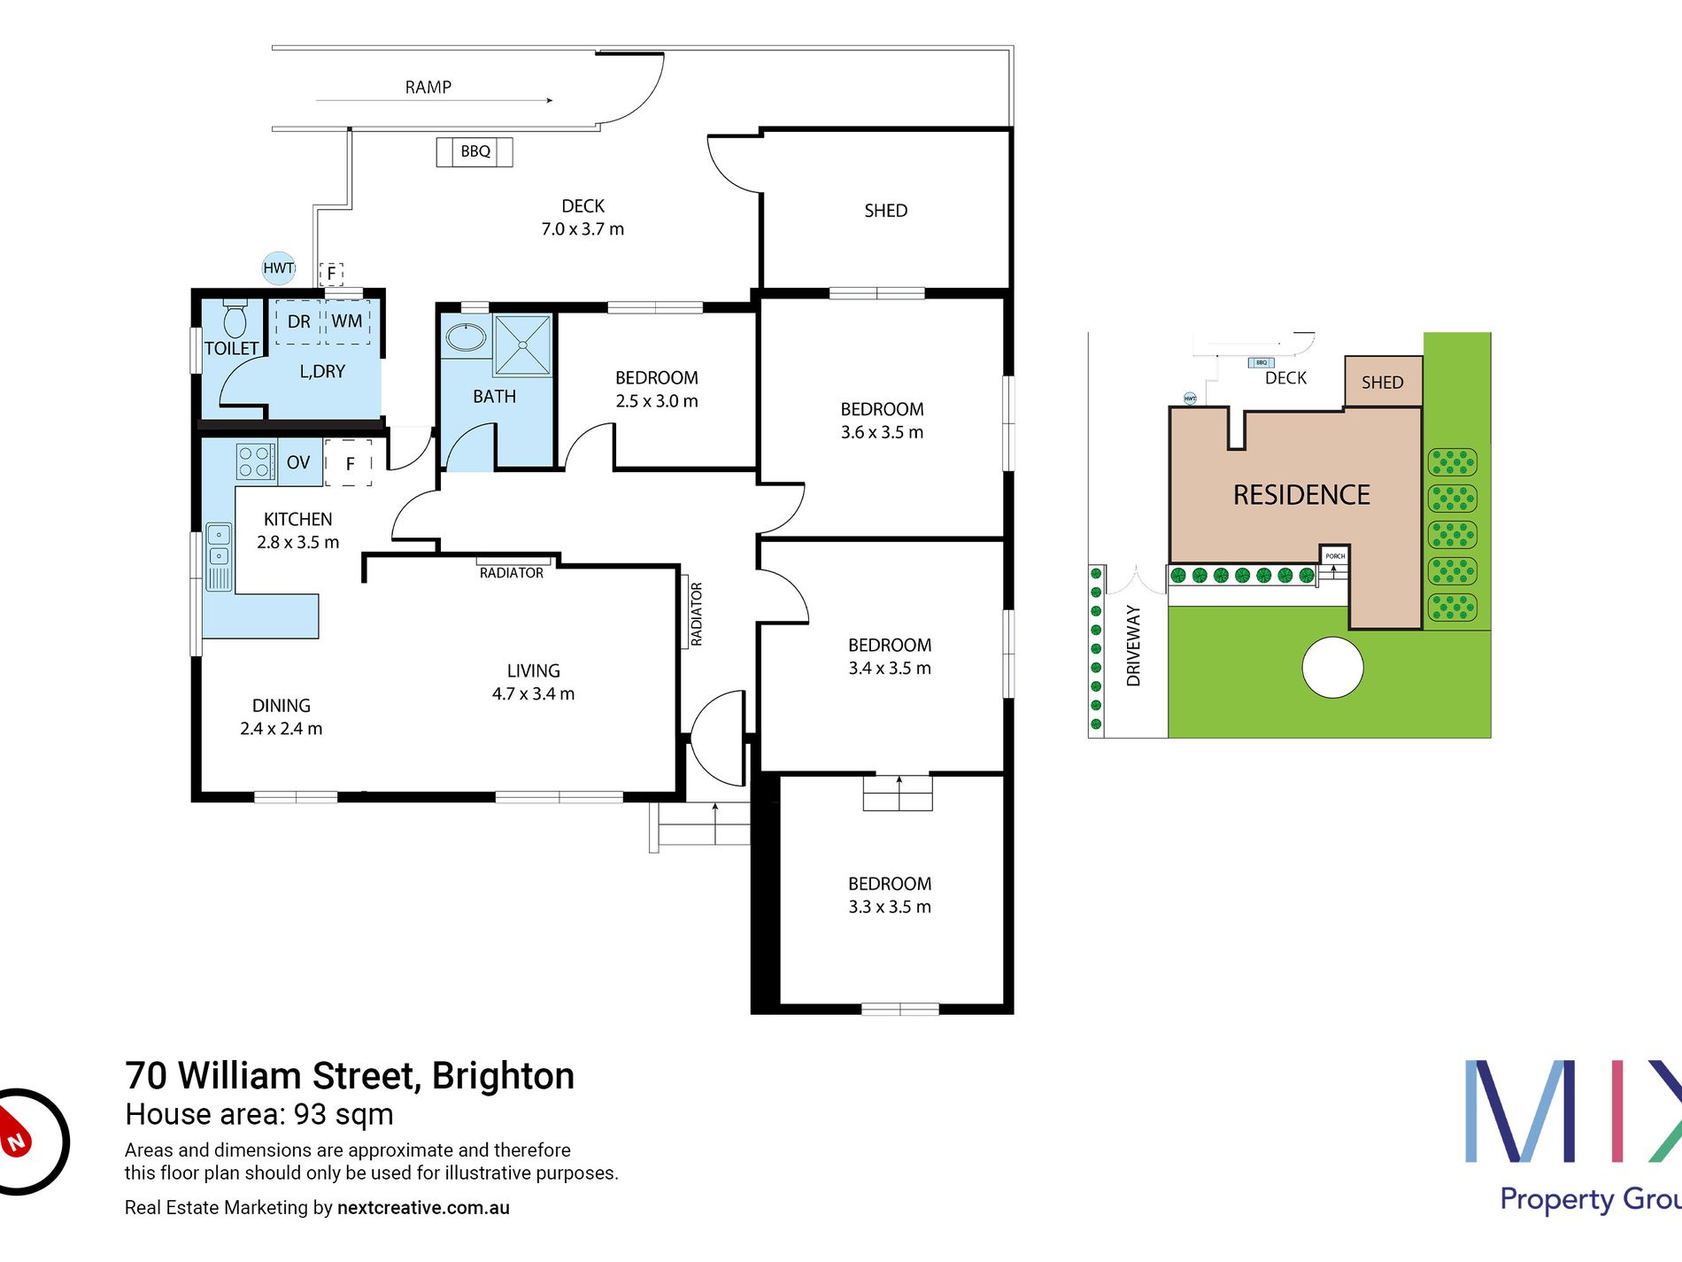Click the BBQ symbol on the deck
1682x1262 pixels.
(475, 151)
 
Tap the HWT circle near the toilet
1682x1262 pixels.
(279, 267)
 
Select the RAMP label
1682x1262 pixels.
(428, 87)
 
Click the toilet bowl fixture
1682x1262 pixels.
(235, 319)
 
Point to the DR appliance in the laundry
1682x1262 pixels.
(299, 321)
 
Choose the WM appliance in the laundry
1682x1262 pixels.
(347, 321)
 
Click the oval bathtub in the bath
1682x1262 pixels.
(466, 337)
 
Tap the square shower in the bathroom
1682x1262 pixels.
(523, 345)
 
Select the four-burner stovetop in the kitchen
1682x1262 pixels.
(254, 461)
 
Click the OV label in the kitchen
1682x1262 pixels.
(298, 462)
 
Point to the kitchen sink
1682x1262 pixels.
(219, 556)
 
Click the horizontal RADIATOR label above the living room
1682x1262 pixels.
(512, 573)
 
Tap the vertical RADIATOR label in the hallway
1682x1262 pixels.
(697, 614)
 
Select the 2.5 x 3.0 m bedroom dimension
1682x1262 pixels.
(657, 401)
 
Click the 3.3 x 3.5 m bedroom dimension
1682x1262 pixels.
(890, 907)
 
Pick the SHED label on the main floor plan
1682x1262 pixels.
(886, 211)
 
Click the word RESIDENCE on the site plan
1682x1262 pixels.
(1301, 495)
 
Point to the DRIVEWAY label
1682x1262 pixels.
(1133, 646)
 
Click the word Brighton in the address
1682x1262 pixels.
(503, 1077)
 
